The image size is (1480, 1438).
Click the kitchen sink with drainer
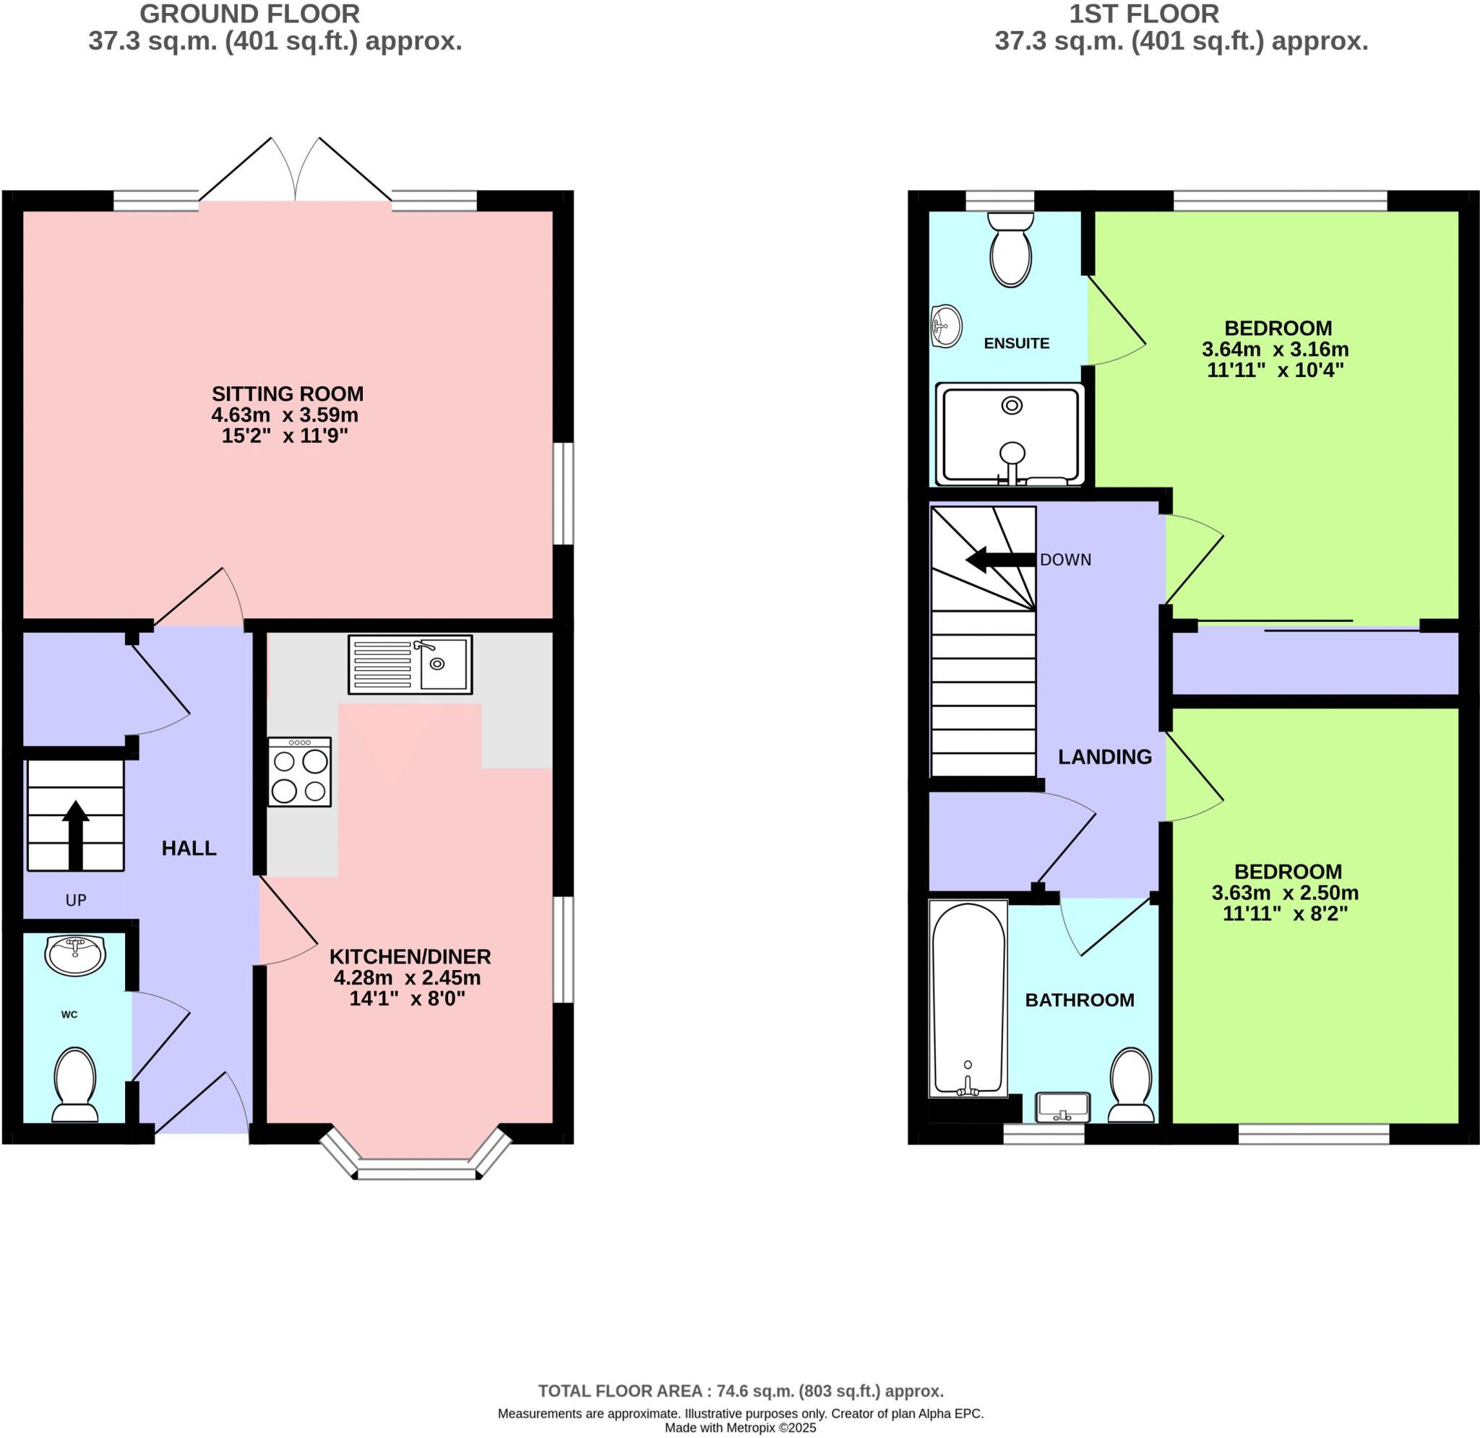click(x=410, y=664)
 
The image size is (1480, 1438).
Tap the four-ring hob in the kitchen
click(x=300, y=773)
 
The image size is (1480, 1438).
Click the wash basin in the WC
click(x=74, y=955)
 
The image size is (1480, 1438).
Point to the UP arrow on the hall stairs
click(x=76, y=834)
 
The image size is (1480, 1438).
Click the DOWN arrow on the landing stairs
click(x=999, y=560)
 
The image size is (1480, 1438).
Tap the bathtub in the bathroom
click(x=968, y=997)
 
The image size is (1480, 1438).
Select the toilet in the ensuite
click(x=1010, y=250)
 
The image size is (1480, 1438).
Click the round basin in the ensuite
click(x=946, y=326)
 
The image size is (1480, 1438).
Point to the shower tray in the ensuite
click(x=1010, y=434)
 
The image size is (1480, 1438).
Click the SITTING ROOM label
click(x=287, y=394)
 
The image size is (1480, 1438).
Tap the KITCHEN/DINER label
click(x=410, y=956)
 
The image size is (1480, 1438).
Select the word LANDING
click(x=1103, y=757)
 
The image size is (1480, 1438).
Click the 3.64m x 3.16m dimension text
click(x=1275, y=350)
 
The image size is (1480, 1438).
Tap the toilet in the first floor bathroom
click(x=1131, y=1085)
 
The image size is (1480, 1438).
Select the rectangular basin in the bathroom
click(x=1063, y=1107)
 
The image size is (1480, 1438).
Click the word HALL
click(x=189, y=848)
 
